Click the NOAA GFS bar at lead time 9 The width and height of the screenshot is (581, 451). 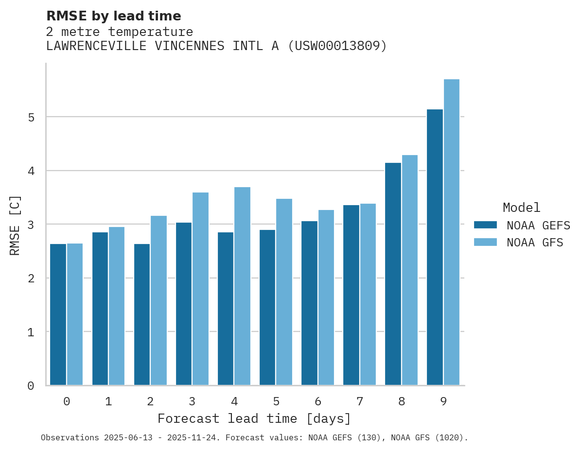452,232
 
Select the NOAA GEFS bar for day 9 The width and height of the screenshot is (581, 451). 435,247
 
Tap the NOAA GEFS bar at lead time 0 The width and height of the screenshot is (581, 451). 58,314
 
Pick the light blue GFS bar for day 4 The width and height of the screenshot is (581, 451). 242,286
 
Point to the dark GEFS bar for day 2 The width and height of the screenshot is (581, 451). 142,314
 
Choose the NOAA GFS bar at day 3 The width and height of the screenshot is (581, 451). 200,289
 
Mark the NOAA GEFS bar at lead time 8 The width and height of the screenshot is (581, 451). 393,274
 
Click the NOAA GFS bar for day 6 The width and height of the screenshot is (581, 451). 326,297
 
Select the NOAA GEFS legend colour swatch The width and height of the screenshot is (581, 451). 485,225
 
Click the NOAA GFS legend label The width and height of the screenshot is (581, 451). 535,243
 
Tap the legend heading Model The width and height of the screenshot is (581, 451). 521,208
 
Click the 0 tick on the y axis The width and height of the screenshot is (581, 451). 30,386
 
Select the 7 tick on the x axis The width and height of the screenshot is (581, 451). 360,402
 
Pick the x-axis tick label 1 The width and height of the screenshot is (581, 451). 108,402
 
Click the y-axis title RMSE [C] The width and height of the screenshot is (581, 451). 15,225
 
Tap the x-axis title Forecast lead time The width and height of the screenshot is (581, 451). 254,418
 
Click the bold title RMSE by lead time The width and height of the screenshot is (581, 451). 114,16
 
